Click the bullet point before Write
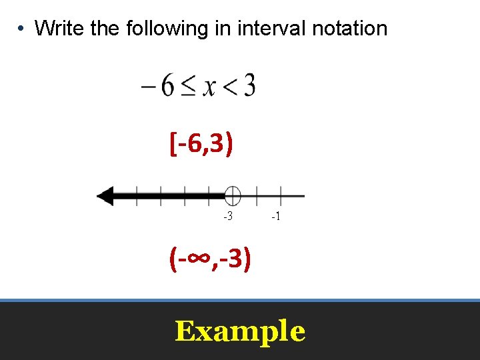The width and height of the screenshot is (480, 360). [x=22, y=29]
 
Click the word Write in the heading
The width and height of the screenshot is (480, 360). [x=57, y=29]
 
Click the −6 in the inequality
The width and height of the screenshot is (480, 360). [x=159, y=86]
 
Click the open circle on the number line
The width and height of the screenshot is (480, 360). [x=232, y=196]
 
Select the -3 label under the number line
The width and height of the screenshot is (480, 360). [x=227, y=217]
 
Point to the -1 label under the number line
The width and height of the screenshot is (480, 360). [x=276, y=217]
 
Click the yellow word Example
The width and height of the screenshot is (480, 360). [x=240, y=331]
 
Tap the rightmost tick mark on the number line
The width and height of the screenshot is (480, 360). [x=281, y=196]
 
